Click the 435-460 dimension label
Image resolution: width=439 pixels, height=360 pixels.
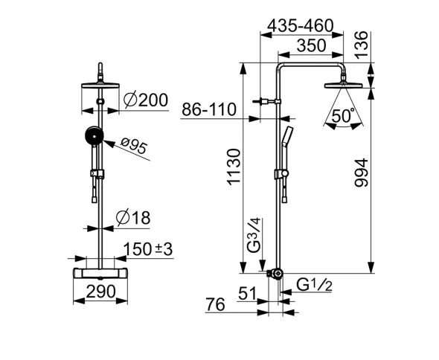coord(300,25)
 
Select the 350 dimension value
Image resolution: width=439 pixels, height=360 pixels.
coord(311,45)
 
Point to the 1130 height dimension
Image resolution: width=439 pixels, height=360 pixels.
coord(234,167)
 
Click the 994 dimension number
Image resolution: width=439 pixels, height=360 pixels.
coord(361,173)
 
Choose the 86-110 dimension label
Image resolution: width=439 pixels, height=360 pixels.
coord(209,109)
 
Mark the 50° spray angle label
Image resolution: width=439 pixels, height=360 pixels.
coord(343,115)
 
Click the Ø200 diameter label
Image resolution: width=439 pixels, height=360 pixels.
coord(146,100)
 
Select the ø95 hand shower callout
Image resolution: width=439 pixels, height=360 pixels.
coord(134,146)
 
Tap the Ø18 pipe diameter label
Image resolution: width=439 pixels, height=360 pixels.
coord(133,217)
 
